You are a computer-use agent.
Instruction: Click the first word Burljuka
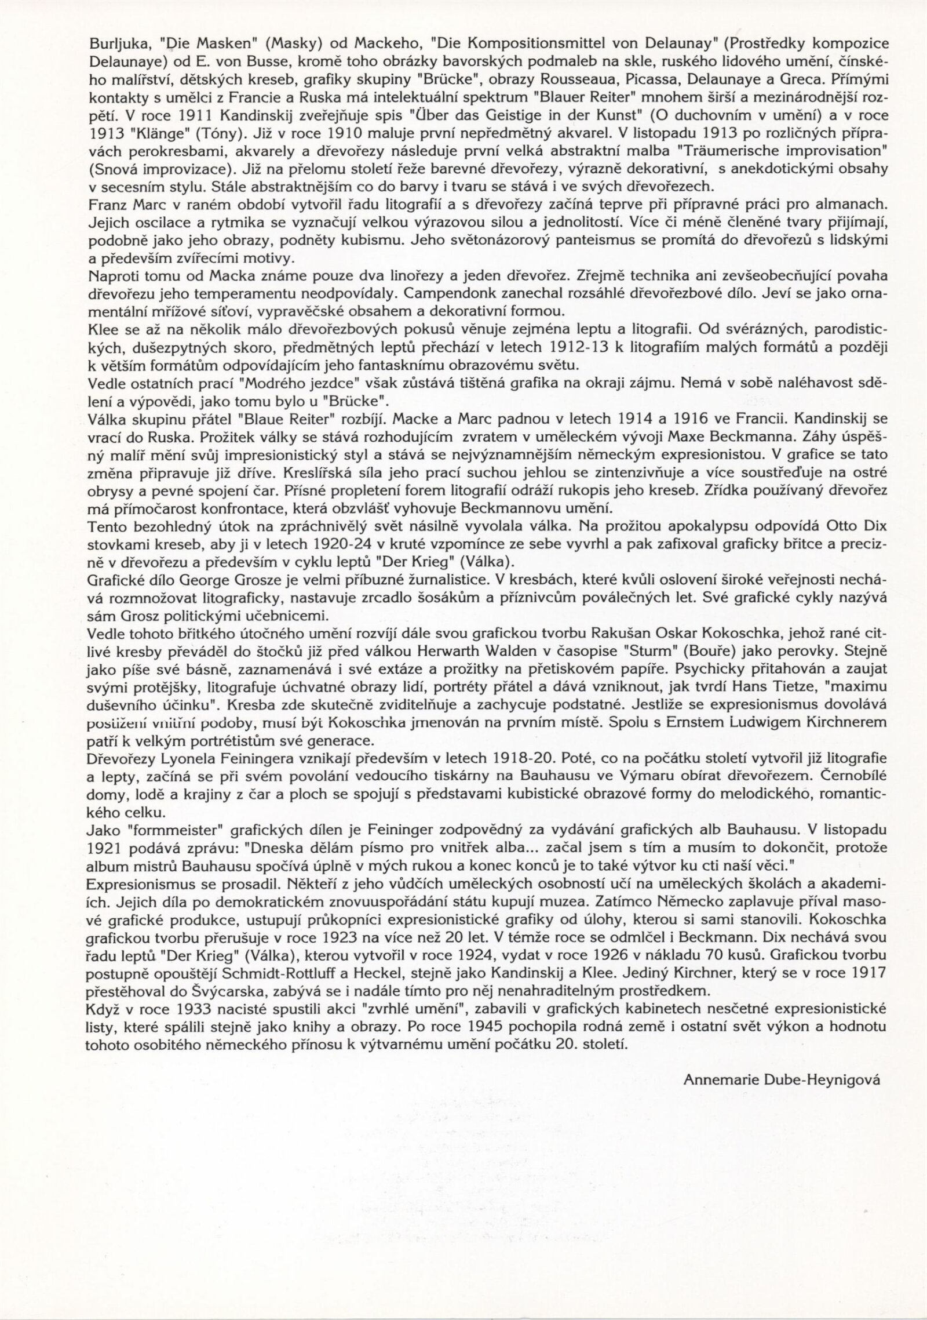pyautogui.click(x=111, y=43)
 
